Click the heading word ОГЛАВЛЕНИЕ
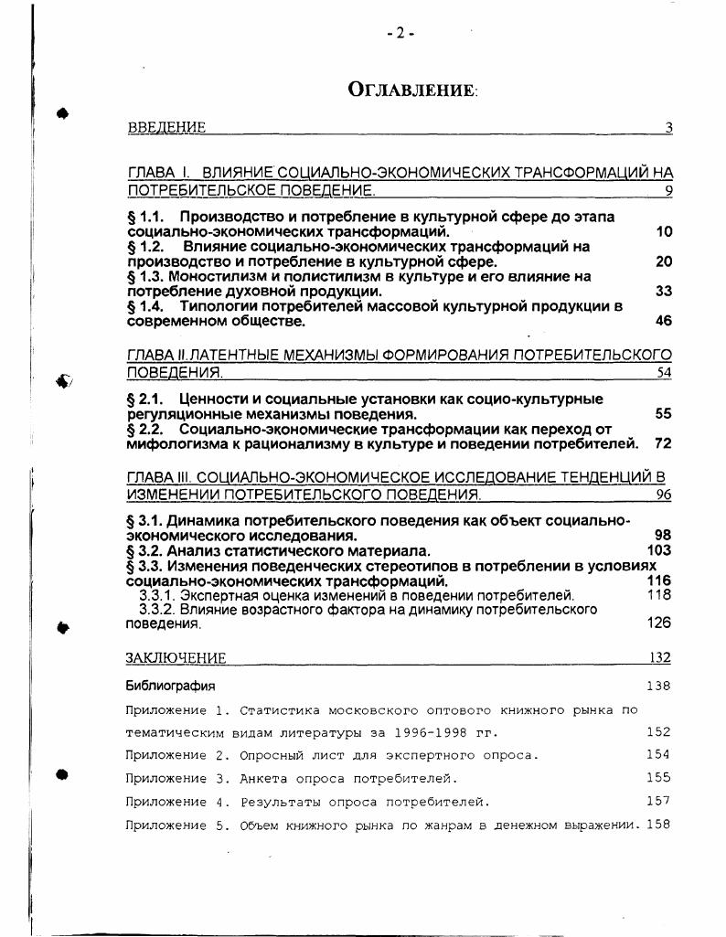coord(412,90)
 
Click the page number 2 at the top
coord(400,33)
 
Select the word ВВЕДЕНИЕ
coord(166,128)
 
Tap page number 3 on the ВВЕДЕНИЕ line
coord(668,128)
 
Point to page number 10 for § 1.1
coord(664,232)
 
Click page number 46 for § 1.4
coord(664,321)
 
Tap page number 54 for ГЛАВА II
coord(664,373)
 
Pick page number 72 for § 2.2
coord(664,444)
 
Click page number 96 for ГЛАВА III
coord(664,495)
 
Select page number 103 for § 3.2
coord(658,550)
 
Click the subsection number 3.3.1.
coord(156,595)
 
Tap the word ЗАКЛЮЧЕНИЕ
coord(176,658)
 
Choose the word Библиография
coord(170,686)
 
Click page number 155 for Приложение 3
coord(657,778)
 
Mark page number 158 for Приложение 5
coord(657,825)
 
